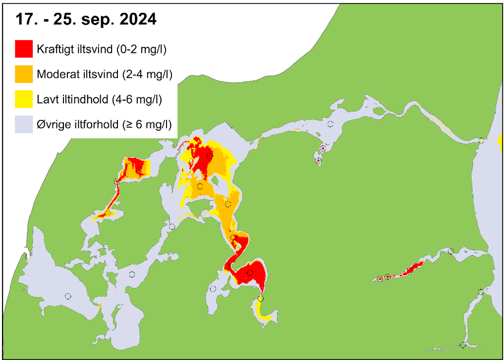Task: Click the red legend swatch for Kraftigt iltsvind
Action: pos(24,50)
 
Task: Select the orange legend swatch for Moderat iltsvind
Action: pos(24,74)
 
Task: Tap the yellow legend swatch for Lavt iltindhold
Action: pos(24,99)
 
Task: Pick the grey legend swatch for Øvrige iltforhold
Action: pos(24,124)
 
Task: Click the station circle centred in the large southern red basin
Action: pos(250,273)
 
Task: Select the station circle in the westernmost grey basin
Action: pos(68,296)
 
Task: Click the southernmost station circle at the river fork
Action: pos(463,345)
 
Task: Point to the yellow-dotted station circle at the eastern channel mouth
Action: pos(481,141)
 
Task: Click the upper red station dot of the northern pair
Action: pos(323,148)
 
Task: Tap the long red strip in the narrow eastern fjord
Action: pos(411,269)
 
